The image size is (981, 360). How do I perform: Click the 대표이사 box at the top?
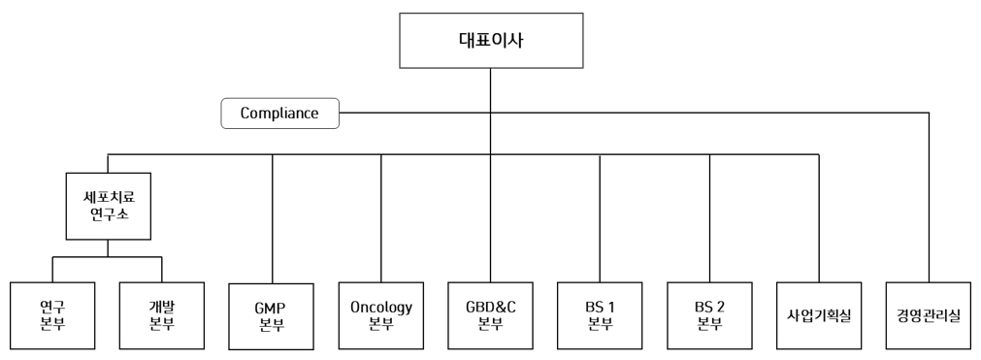click(x=490, y=41)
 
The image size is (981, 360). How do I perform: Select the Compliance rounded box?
click(x=280, y=114)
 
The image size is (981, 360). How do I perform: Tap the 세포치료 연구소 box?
click(x=107, y=206)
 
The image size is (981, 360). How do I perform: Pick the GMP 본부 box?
click(x=272, y=316)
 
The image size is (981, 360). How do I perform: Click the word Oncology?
click(x=381, y=308)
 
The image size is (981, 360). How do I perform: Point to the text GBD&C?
click(x=490, y=308)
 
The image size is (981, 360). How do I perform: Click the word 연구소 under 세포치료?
click(x=107, y=214)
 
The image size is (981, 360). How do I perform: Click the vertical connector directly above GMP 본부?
click(x=272, y=218)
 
